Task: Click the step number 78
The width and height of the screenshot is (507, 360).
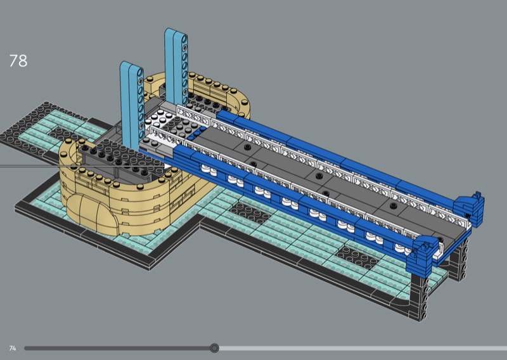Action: (x=18, y=61)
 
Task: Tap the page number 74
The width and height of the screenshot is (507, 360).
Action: (x=13, y=349)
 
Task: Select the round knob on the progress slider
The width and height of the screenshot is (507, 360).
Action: (x=214, y=348)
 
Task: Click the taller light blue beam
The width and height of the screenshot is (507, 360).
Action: (x=176, y=67)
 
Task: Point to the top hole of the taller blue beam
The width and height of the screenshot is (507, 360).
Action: (x=184, y=39)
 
